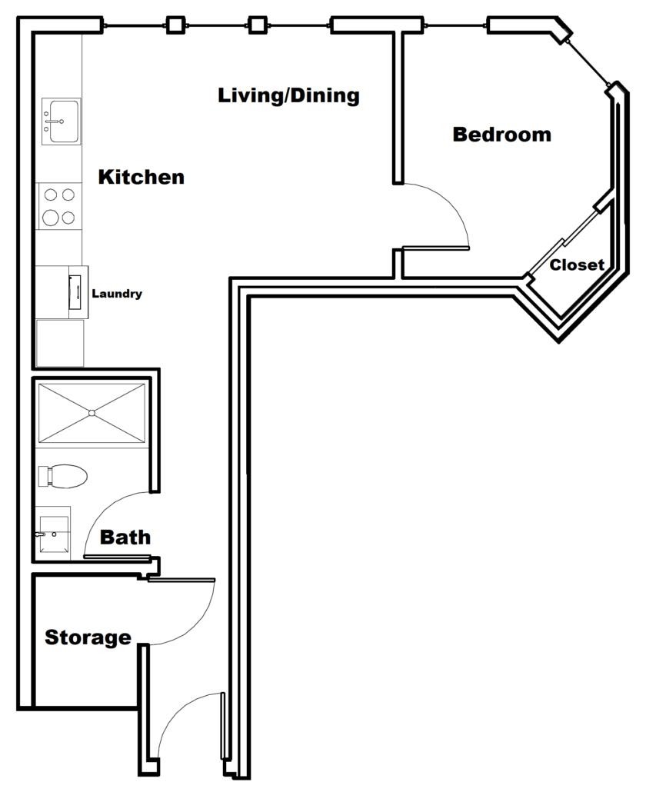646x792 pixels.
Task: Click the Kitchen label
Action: [142, 177]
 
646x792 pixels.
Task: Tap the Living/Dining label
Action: [288, 96]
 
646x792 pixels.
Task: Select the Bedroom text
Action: [501, 135]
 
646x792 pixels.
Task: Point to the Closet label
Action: [577, 265]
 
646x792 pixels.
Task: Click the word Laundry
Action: [117, 294]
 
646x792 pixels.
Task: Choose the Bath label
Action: [125, 537]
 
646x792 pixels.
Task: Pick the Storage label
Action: [88, 637]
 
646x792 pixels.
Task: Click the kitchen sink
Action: [61, 121]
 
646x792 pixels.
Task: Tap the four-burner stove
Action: [59, 206]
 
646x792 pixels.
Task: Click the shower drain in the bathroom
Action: [92, 414]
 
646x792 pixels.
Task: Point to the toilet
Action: [62, 476]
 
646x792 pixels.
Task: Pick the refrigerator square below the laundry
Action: [60, 342]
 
